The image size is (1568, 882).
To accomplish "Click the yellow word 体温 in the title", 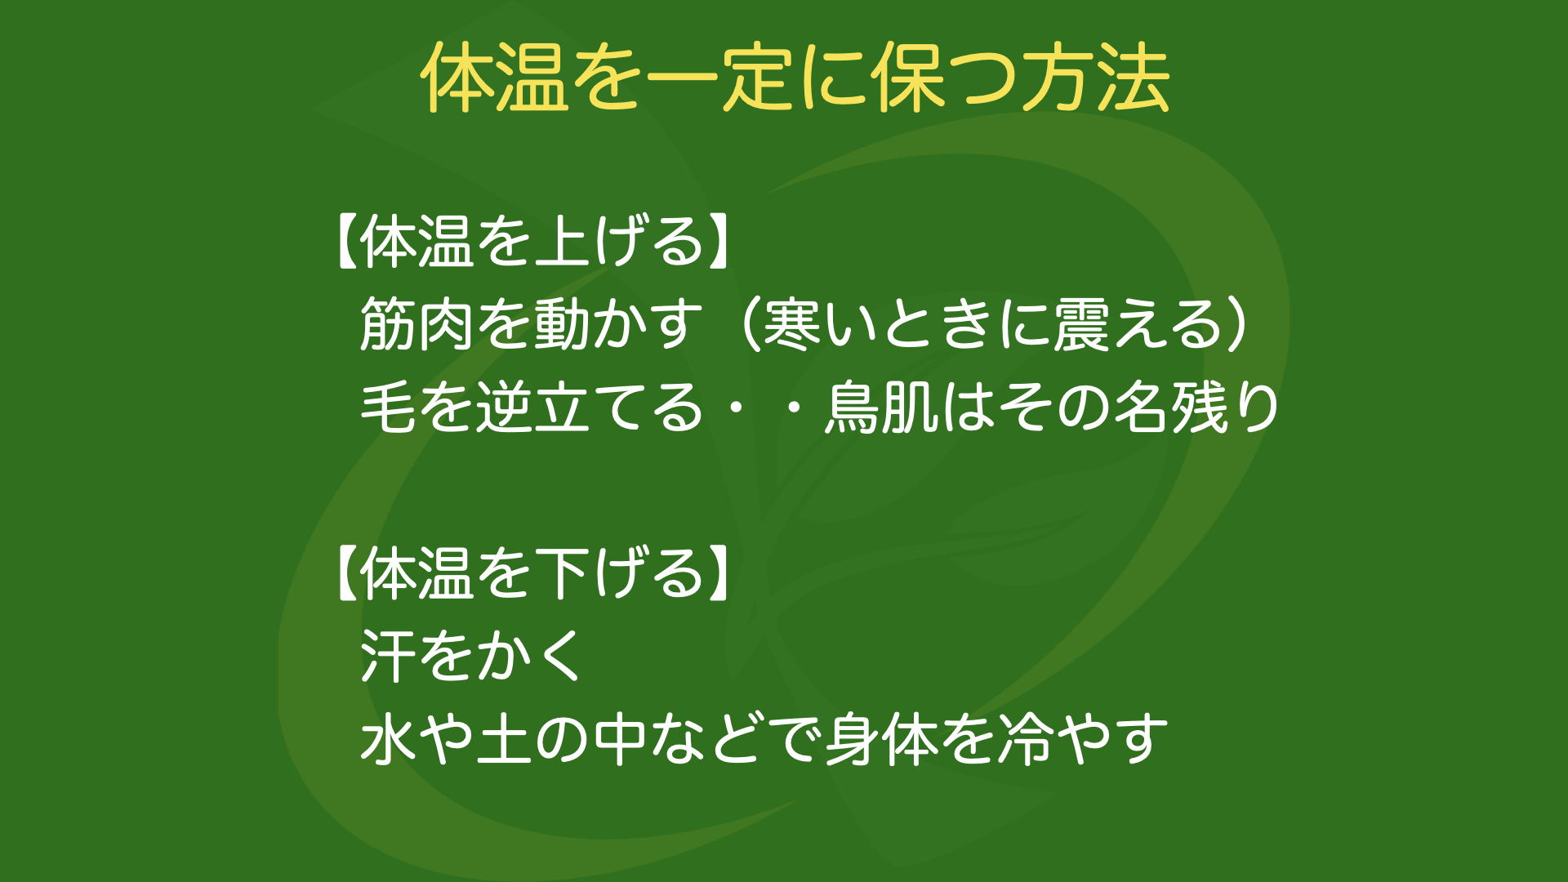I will pyautogui.click(x=496, y=78).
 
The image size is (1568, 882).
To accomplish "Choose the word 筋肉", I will pyautogui.click(x=416, y=324).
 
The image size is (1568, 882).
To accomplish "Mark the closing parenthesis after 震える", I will pyautogui.click(x=1237, y=324).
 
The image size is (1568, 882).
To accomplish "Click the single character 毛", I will pyautogui.click(x=389, y=408).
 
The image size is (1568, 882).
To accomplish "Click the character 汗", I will pyautogui.click(x=389, y=656).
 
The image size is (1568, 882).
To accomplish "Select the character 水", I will pyautogui.click(x=389, y=739).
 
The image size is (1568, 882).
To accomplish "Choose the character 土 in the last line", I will pyautogui.click(x=505, y=739).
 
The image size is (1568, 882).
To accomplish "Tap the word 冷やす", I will pyautogui.click(x=1083, y=739).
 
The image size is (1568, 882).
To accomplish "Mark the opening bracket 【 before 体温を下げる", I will pyautogui.click(x=347, y=573).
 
